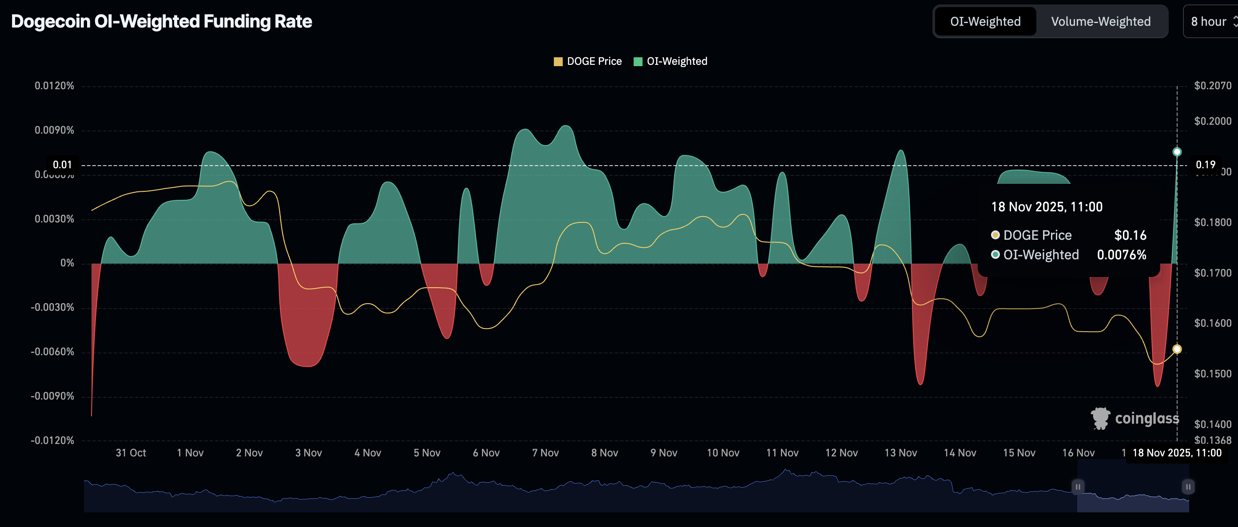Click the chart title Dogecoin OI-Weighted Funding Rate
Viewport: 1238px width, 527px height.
pos(162,22)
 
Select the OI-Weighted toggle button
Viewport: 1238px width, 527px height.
pos(985,22)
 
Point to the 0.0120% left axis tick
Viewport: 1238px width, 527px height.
pos(54,86)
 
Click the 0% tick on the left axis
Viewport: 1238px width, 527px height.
pos(67,263)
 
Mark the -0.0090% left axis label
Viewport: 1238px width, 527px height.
pos(52,396)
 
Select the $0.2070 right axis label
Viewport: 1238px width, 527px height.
pos(1212,86)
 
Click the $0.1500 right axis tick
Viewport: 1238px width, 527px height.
pos(1212,374)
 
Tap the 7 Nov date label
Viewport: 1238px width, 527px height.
pos(545,453)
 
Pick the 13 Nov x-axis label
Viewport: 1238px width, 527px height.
pos(900,453)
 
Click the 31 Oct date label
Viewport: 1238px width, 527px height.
pos(131,453)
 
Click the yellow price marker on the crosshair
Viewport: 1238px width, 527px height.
pos(1177,349)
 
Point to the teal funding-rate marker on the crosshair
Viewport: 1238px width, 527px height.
pos(1177,152)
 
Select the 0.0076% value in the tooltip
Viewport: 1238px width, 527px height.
pos(1121,255)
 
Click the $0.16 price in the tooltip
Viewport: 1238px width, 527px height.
pos(1130,235)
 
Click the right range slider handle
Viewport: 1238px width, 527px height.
pos(1187,487)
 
